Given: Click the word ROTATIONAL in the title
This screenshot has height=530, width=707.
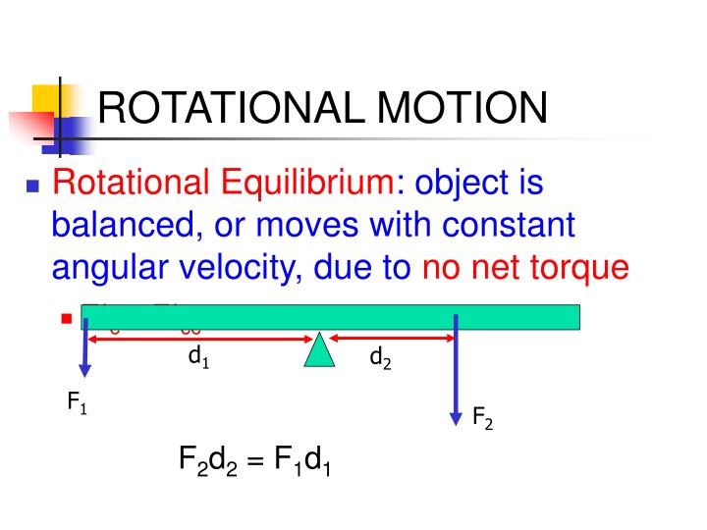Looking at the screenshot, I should pyautogui.click(x=232, y=108).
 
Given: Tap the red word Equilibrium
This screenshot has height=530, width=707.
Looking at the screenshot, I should pyautogui.click(x=299, y=183).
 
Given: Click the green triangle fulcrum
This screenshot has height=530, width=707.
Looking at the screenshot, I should pyautogui.click(x=320, y=351).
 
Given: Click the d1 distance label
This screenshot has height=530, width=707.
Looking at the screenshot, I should pyautogui.click(x=199, y=359).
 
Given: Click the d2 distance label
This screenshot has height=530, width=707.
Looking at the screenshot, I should pyautogui.click(x=380, y=359).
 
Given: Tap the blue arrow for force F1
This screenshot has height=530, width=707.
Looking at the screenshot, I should pyautogui.click(x=85, y=353).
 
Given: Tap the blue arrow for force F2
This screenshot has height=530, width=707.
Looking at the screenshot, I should pyautogui.click(x=456, y=373).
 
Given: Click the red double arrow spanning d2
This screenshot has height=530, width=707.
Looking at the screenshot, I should pyautogui.click(x=393, y=339).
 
